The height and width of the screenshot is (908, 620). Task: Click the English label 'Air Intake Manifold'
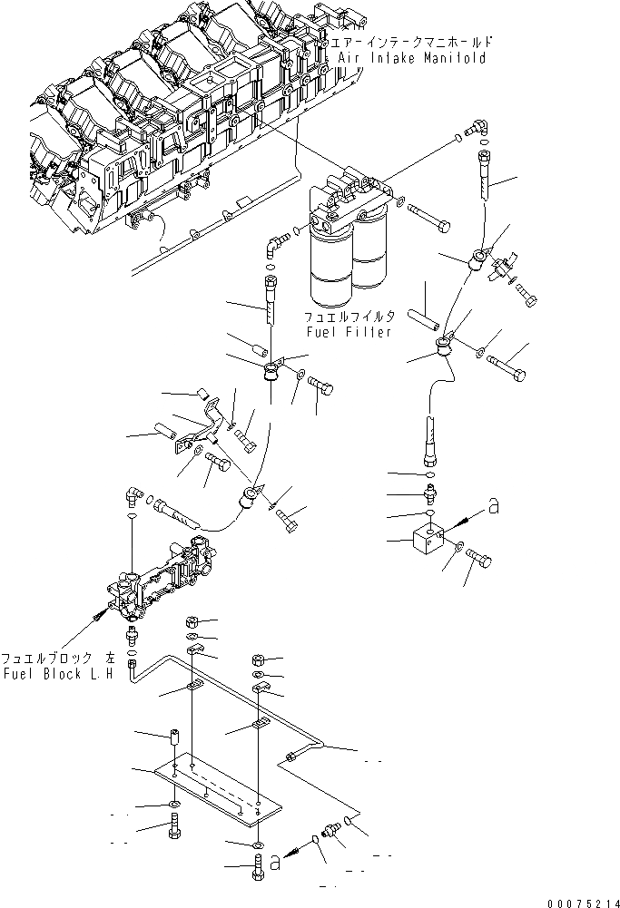tap(411, 57)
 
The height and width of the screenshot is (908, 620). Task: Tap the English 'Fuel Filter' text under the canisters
tap(349, 332)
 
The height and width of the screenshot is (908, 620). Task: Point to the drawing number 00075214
tap(581, 902)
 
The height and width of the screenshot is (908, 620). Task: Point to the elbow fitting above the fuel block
tap(132, 496)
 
